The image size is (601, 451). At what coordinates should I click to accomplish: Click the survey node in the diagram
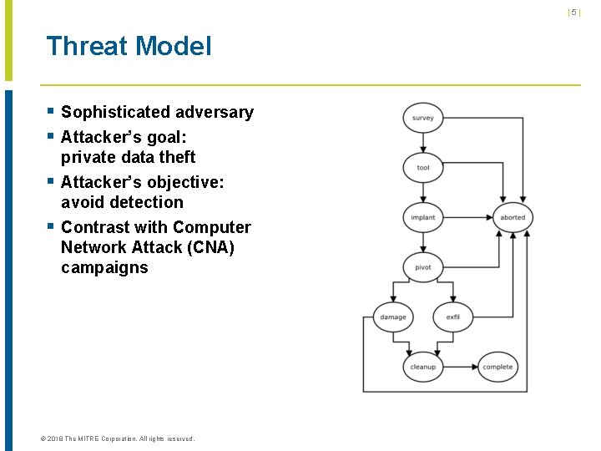(422, 118)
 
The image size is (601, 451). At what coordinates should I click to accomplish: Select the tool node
(422, 168)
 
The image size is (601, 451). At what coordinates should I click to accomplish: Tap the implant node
(422, 217)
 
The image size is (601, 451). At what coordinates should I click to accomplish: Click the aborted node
(513, 217)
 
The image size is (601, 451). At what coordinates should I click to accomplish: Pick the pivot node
(422, 267)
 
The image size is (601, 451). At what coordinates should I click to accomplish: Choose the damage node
(392, 317)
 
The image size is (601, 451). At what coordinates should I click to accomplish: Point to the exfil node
(452, 317)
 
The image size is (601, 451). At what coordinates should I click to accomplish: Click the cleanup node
(422, 367)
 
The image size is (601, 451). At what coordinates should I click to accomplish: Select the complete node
(497, 367)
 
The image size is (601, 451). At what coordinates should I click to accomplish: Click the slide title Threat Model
(129, 46)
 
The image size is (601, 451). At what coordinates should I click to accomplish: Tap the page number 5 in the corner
(573, 13)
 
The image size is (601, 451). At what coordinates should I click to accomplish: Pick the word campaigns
(104, 267)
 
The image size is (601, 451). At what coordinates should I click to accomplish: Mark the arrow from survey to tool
(422, 143)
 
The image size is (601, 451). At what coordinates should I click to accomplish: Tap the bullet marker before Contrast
(51, 226)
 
